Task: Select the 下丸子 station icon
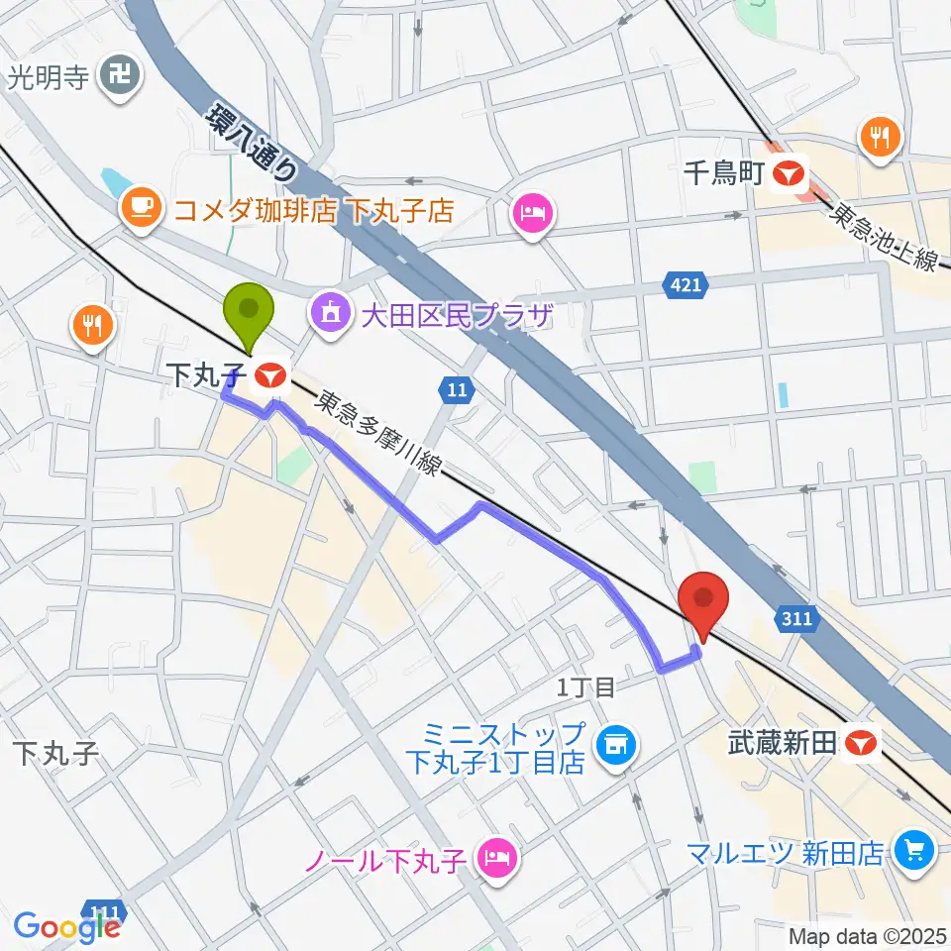[269, 375]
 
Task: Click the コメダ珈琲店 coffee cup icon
[141, 209]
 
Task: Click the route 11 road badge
[456, 390]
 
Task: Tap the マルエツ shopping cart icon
[910, 850]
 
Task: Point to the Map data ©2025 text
[867, 935]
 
